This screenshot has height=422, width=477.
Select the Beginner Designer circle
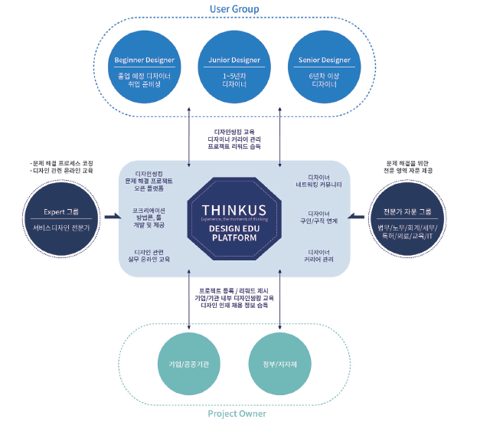[145, 68]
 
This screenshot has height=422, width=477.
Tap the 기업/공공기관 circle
[188, 362]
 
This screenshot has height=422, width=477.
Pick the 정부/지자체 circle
[279, 362]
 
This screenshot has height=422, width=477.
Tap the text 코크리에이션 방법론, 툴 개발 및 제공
[149, 218]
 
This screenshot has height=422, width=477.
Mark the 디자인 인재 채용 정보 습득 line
[234, 305]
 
